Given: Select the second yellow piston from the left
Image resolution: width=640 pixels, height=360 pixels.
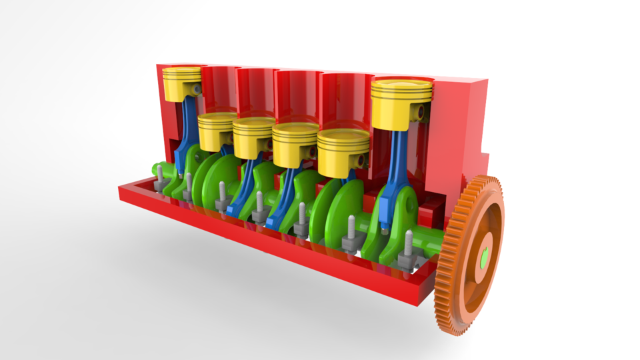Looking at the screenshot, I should point(217,131).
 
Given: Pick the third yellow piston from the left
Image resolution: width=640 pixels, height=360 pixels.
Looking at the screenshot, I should point(253,138).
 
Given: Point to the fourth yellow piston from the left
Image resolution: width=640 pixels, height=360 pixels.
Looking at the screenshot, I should point(293,145).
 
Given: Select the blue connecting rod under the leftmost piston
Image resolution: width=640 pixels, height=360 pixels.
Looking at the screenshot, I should point(185,133).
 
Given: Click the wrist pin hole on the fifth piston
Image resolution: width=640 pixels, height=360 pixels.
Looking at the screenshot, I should point(360,161).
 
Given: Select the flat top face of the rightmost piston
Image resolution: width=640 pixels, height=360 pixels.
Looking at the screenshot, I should point(402,87).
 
